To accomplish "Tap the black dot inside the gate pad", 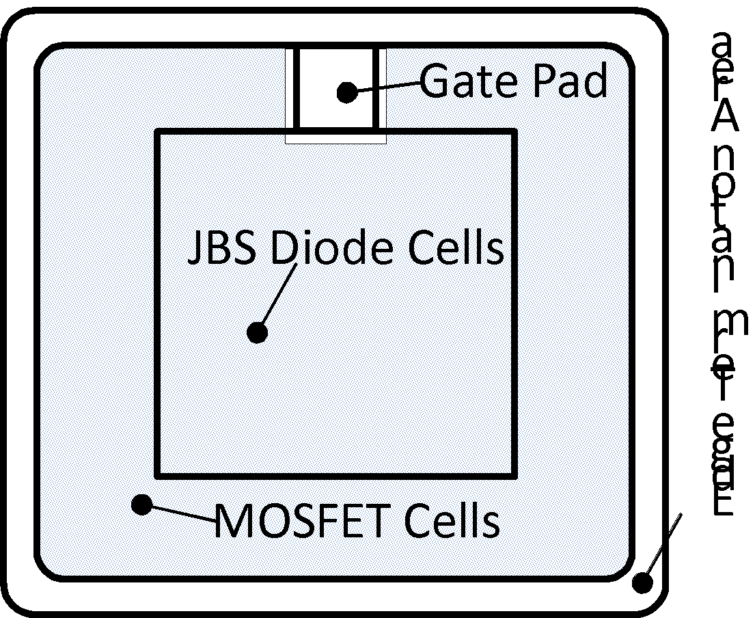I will (347, 92).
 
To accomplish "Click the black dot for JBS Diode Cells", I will (257, 333).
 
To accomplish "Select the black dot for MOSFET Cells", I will (141, 505).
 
